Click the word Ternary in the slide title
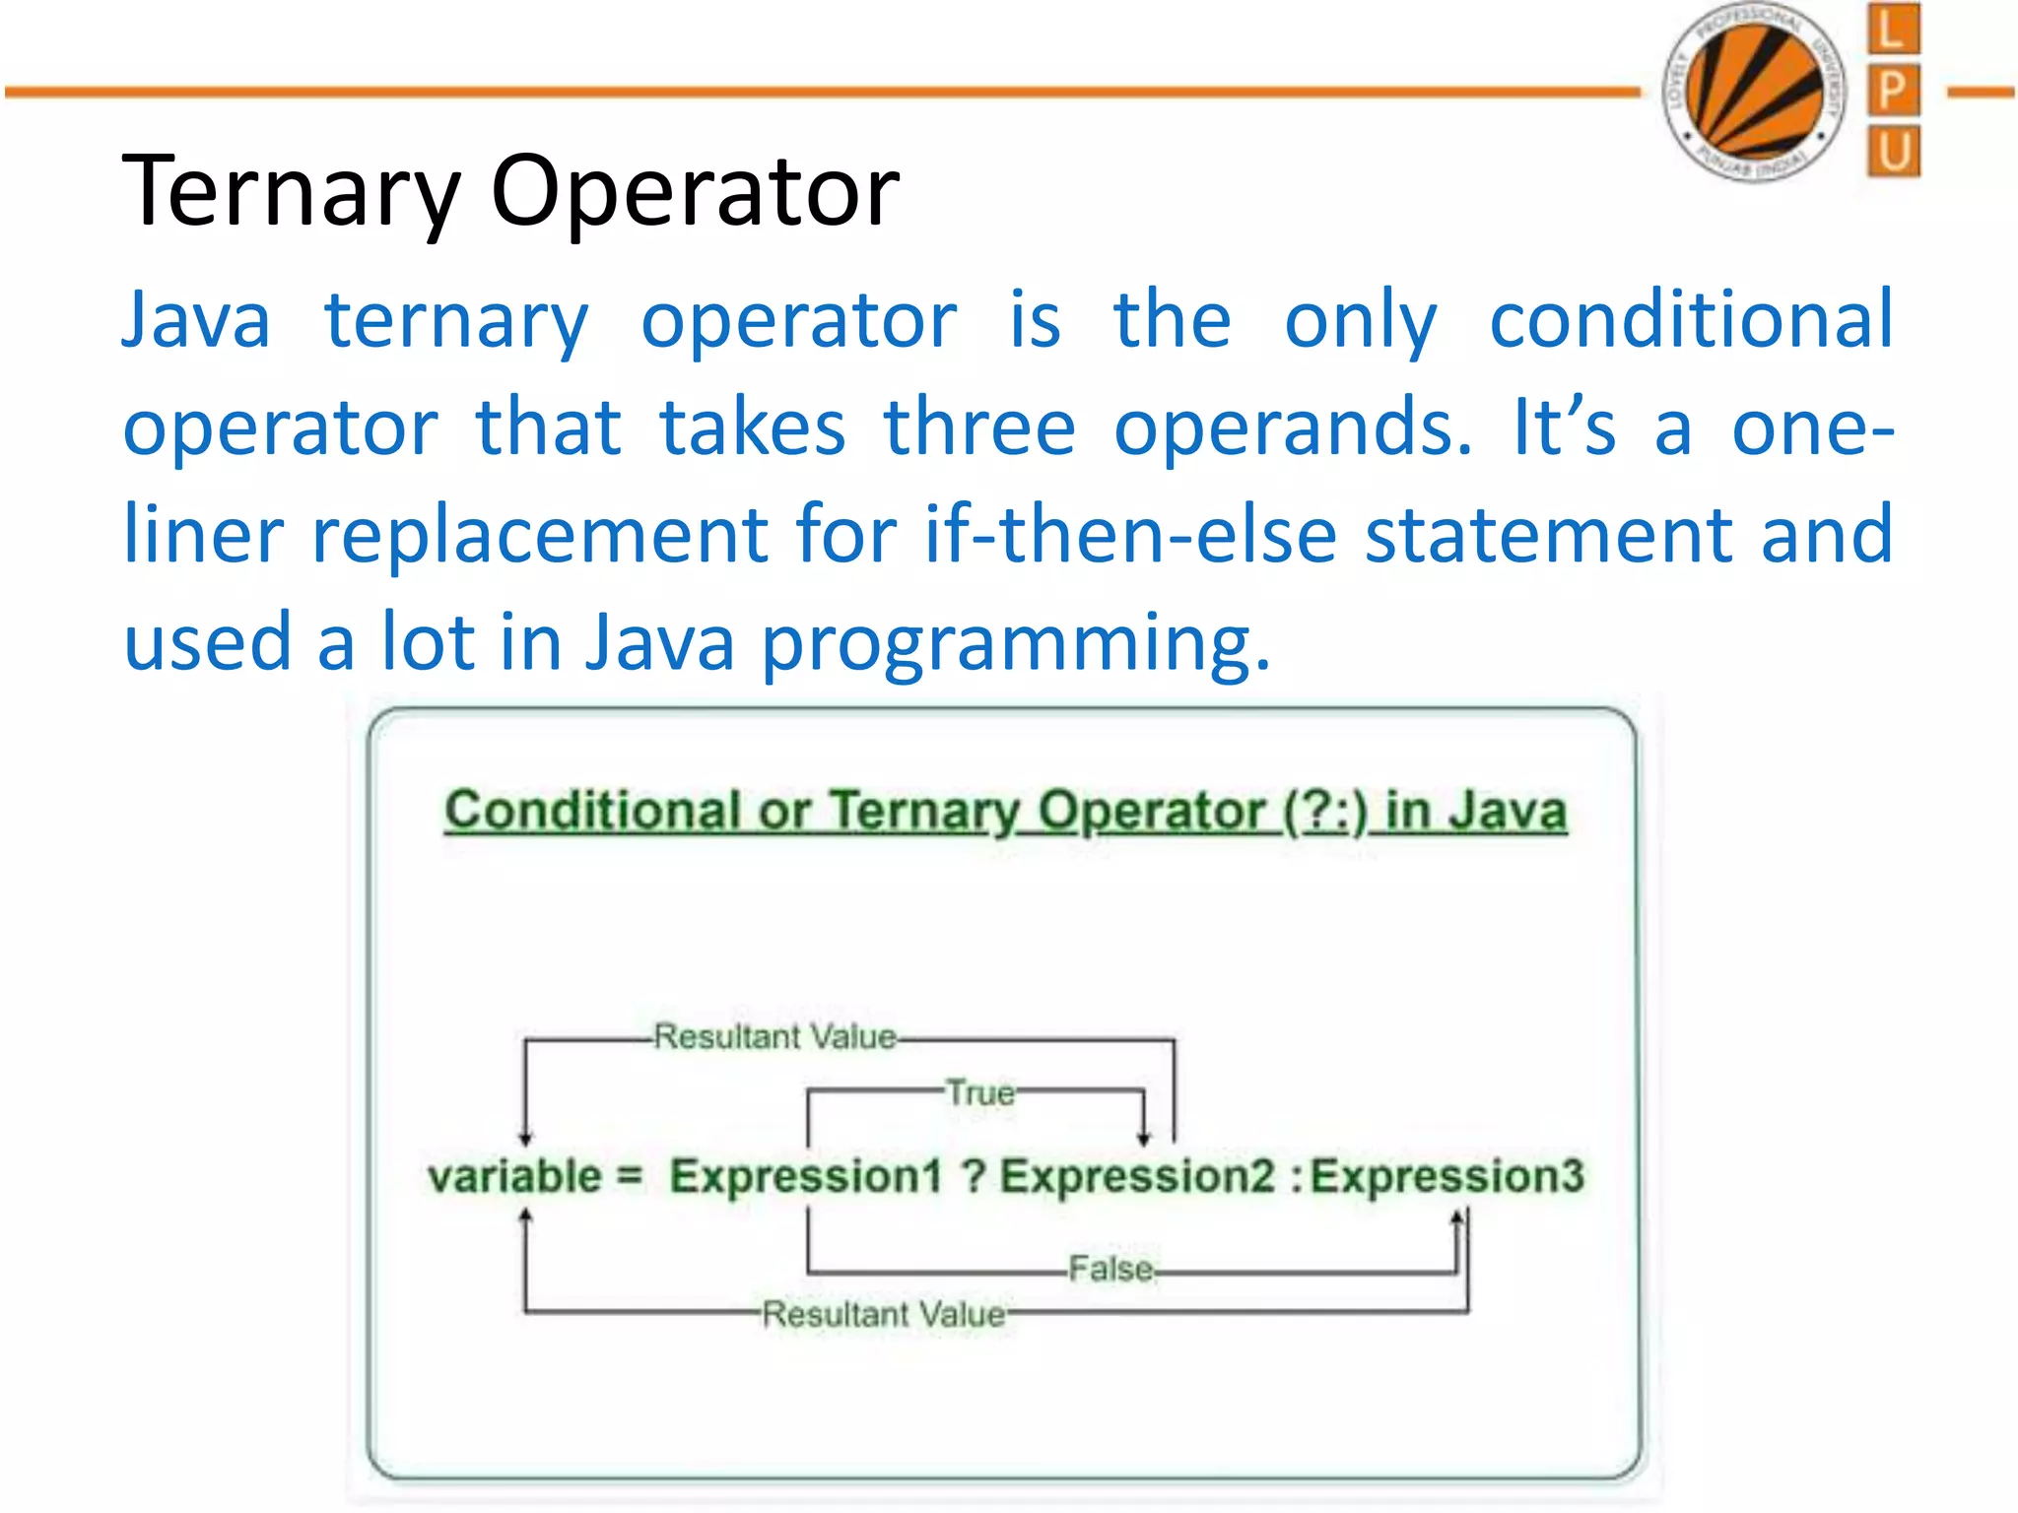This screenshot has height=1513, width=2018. pos(292,192)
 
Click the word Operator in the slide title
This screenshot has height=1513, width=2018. pos(695,192)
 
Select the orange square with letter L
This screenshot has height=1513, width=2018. pos(1893,29)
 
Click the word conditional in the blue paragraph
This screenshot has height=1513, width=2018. pos(1691,320)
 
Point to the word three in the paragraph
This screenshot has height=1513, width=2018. pos(979,428)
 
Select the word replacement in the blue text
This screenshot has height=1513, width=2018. pos(540,535)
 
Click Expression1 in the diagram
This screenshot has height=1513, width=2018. pos(806,1176)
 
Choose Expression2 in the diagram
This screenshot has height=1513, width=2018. pos(1138,1176)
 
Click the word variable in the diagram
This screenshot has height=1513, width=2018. pos(514,1176)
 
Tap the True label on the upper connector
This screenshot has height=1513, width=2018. pos(979,1092)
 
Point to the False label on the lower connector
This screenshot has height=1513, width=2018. pos(1111,1269)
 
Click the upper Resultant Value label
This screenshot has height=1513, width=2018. pos(775,1036)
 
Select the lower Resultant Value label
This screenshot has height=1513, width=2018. pos(884,1314)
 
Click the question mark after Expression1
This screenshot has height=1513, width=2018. pos(974,1176)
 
